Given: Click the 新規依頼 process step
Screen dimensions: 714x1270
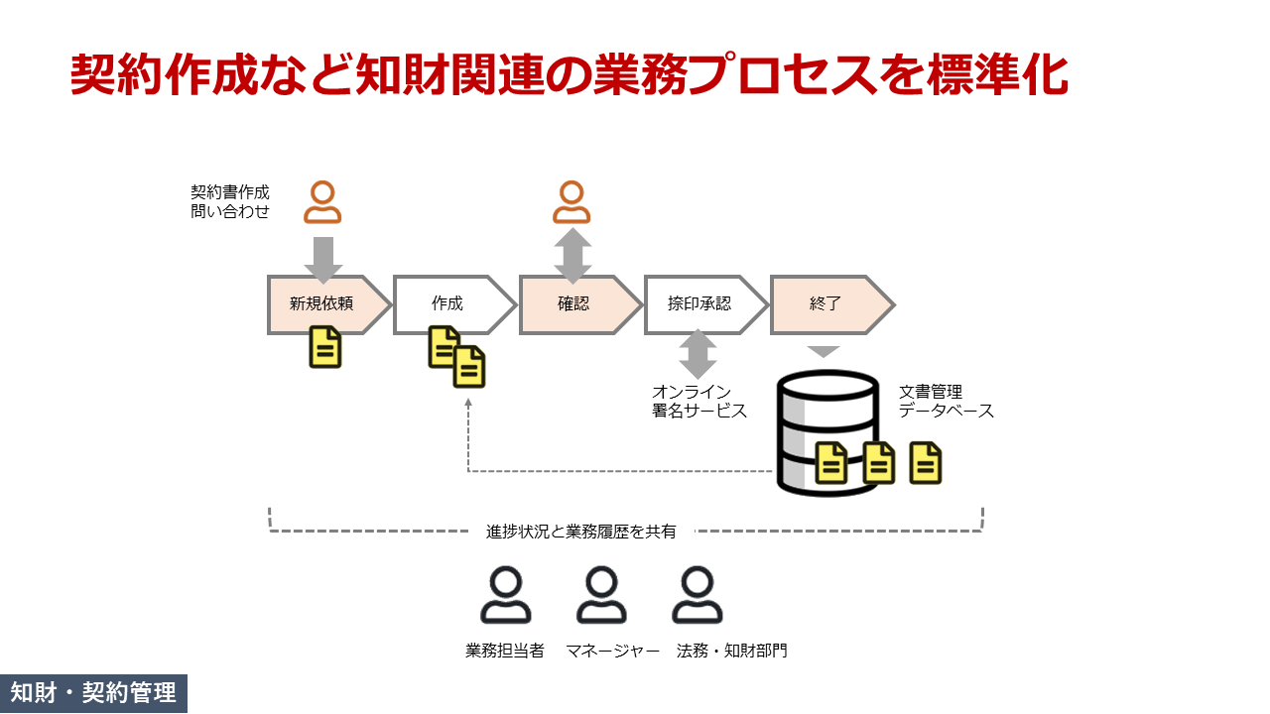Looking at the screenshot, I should [x=319, y=304].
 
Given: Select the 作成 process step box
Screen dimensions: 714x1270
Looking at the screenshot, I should [x=448, y=304].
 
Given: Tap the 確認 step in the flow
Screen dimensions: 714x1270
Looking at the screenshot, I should [x=573, y=304].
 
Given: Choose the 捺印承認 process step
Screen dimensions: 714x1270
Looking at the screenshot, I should [x=699, y=304].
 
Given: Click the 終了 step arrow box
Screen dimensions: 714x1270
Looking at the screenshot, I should [x=825, y=304].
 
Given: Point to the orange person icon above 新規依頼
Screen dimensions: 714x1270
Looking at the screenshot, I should [x=321, y=203].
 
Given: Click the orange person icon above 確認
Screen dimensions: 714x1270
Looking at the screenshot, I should [x=571, y=203].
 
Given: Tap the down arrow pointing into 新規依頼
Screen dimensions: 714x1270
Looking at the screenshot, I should [x=322, y=258].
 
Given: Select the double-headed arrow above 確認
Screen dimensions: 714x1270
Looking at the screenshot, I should [x=572, y=256].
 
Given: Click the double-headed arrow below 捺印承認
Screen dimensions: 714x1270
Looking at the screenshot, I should [x=698, y=354].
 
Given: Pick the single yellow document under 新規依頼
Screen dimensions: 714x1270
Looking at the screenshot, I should [x=324, y=347].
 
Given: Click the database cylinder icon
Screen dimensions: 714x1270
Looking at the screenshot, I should [x=827, y=431].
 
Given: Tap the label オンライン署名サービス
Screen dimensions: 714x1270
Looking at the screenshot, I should [x=698, y=402].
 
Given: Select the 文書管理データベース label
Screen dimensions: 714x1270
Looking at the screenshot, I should [x=946, y=402].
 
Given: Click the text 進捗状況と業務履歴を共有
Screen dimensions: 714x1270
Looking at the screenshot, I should [x=581, y=532].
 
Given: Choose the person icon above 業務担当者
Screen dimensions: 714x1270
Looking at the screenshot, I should [x=505, y=596].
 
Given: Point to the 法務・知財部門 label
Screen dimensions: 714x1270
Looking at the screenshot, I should [x=731, y=652].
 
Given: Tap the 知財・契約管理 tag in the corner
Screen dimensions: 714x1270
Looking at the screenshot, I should [x=93, y=693].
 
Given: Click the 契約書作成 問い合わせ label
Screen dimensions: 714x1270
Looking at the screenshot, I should [x=230, y=201].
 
